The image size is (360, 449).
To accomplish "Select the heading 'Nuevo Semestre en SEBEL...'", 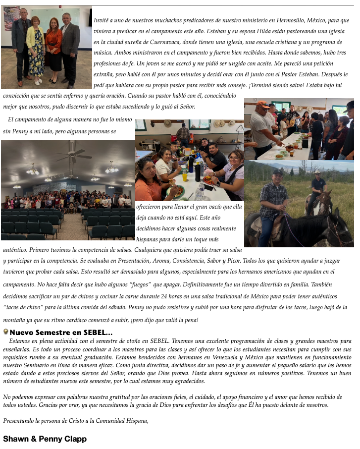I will point(61,333).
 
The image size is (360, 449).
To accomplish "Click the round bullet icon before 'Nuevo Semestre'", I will point(5,332).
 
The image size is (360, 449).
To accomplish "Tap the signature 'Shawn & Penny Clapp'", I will point(45,439).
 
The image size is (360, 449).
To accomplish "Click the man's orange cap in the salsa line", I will point(263,105).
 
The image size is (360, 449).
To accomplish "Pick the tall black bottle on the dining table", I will point(198,171).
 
